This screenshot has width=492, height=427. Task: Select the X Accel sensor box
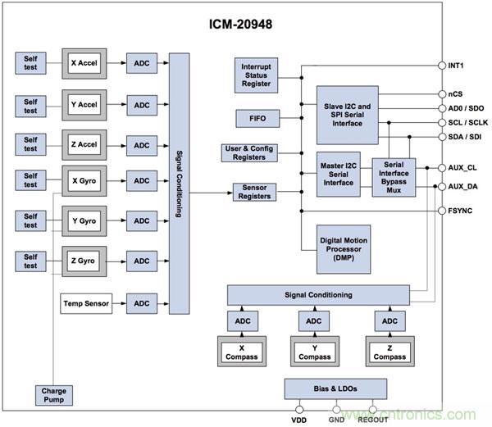tap(85, 62)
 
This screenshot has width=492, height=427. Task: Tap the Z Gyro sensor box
tap(85, 261)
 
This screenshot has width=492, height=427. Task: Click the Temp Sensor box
tap(85, 303)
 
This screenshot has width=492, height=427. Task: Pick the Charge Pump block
tap(54, 395)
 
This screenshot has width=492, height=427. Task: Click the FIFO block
tap(256, 119)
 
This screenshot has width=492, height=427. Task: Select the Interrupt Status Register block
tap(256, 75)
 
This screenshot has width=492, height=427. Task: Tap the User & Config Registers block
tap(254, 154)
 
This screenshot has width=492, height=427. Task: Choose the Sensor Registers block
tap(255, 193)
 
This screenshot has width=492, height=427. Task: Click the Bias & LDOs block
tap(335, 388)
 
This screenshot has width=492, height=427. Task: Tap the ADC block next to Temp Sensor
tap(143, 303)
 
